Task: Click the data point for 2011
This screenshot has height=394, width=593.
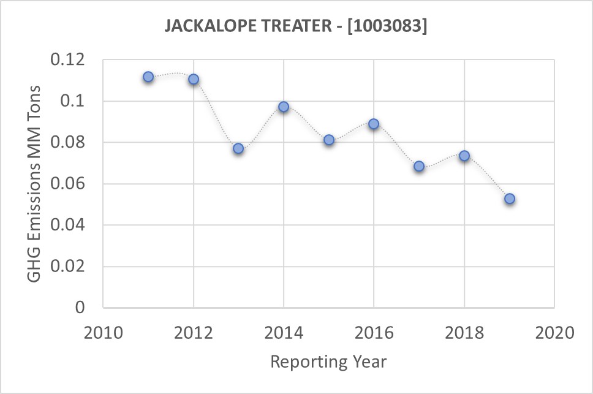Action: (148, 77)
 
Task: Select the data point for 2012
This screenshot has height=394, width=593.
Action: (194, 79)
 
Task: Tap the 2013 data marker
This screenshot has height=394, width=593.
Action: (238, 148)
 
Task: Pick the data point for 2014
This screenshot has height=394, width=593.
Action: (284, 107)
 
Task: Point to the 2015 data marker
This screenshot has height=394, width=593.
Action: (329, 140)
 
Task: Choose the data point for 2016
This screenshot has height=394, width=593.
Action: (374, 124)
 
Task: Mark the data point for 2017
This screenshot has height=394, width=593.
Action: (419, 166)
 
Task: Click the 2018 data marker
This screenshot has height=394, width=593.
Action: (464, 156)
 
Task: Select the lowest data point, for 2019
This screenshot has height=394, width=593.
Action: (509, 199)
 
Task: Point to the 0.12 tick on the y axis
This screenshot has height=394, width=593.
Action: (70, 60)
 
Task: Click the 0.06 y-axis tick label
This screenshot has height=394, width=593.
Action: (70, 184)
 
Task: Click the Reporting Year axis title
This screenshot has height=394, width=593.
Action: (328, 362)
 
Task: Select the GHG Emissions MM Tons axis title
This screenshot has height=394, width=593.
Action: (36, 184)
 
